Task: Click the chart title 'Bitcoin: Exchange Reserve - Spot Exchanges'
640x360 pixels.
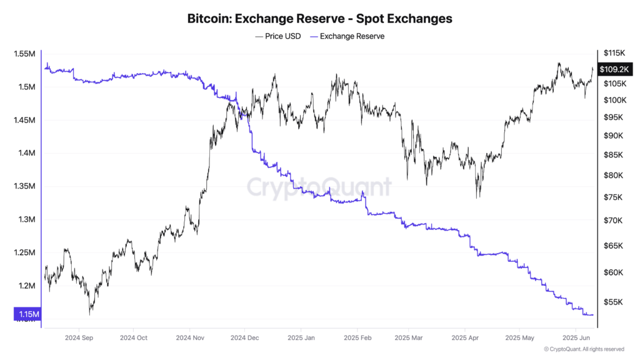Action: (x=319, y=19)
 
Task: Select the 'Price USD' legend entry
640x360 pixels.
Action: (x=278, y=36)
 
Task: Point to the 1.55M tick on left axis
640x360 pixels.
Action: (x=24, y=54)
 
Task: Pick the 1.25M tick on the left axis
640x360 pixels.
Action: (x=24, y=252)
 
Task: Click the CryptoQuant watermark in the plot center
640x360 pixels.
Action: (x=319, y=187)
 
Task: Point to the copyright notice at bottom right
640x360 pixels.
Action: (x=584, y=349)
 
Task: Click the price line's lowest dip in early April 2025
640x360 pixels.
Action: (x=478, y=197)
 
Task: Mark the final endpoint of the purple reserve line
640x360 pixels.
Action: (x=593, y=314)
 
